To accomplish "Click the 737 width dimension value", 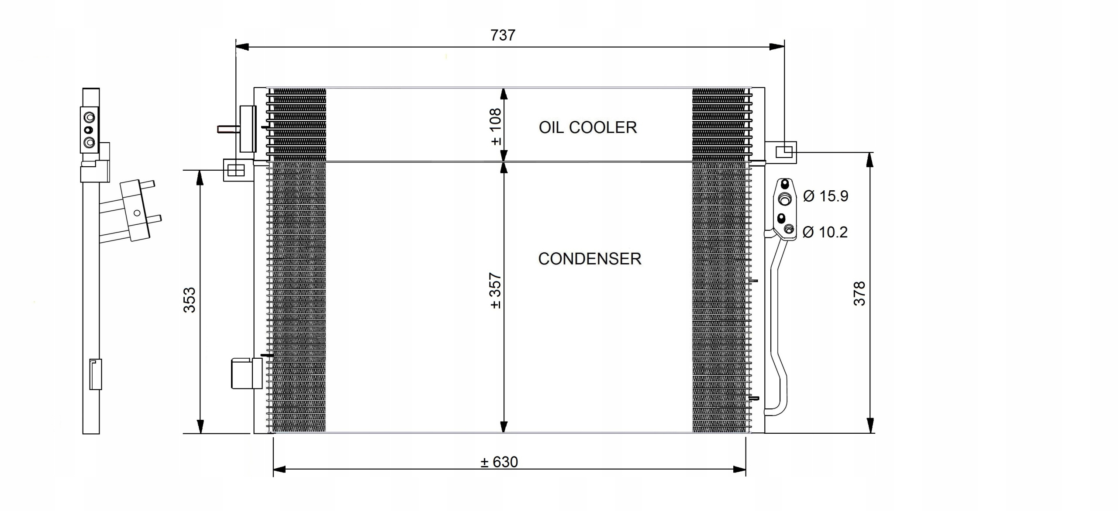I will click(x=503, y=35).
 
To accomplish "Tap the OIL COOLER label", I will click(x=587, y=127).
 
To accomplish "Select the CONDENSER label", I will click(x=590, y=259).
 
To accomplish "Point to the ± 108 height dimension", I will click(x=496, y=127).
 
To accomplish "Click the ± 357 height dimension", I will click(x=496, y=291).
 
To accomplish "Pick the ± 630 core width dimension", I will click(x=499, y=462).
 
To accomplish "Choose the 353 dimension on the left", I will click(x=190, y=300).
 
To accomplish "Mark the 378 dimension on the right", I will click(x=859, y=294).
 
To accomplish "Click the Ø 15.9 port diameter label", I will click(x=825, y=196).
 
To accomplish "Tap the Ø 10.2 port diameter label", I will click(x=825, y=232).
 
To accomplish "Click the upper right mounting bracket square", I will click(x=784, y=152).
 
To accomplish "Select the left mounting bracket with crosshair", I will click(x=236, y=170).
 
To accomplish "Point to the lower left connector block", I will click(x=246, y=373).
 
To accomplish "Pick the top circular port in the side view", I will click(x=90, y=117).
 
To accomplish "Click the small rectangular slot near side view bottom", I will click(x=95, y=374).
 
